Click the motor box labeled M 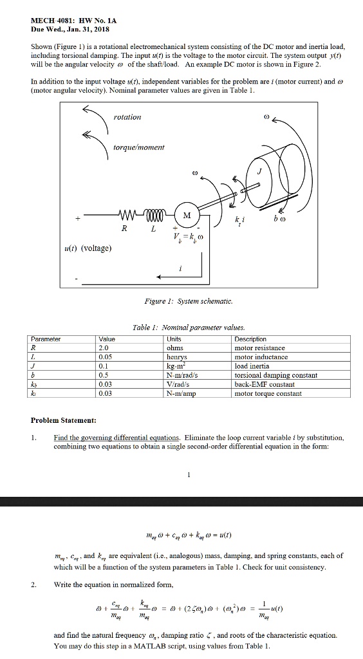[187, 216]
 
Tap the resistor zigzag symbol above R [130, 215]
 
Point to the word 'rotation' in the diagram [127, 116]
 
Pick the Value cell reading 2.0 [106, 348]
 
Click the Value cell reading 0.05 [107, 357]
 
